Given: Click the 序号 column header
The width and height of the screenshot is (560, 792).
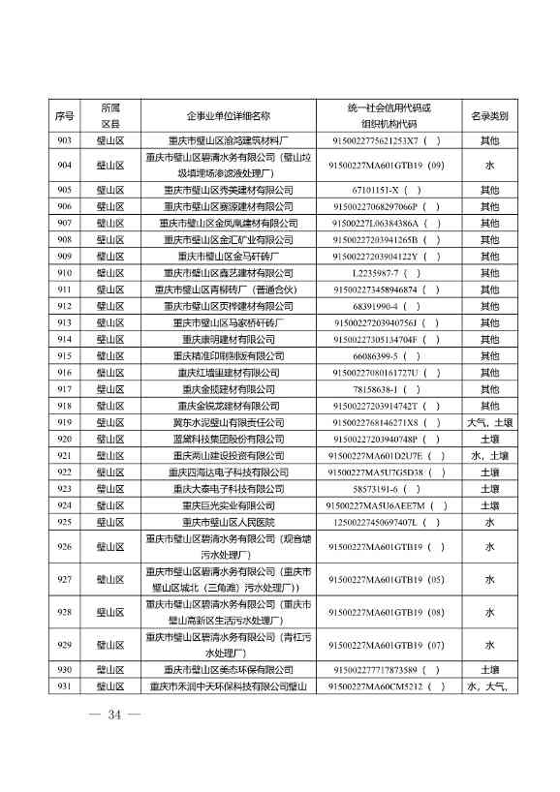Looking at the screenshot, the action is click(x=65, y=115).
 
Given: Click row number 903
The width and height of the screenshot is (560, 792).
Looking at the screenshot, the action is click(x=65, y=140).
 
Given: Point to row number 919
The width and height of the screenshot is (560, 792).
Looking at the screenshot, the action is click(x=65, y=423).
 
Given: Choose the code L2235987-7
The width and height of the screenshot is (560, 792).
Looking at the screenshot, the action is click(x=381, y=273).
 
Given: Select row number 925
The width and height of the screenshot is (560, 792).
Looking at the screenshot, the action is click(x=65, y=522).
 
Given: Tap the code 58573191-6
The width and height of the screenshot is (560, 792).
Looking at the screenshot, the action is click(x=381, y=489).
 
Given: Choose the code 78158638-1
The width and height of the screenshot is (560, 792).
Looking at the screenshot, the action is click(x=381, y=389).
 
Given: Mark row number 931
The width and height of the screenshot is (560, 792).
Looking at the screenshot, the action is click(x=65, y=686).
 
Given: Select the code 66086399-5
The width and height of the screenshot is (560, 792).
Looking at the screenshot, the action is click(x=381, y=356).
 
